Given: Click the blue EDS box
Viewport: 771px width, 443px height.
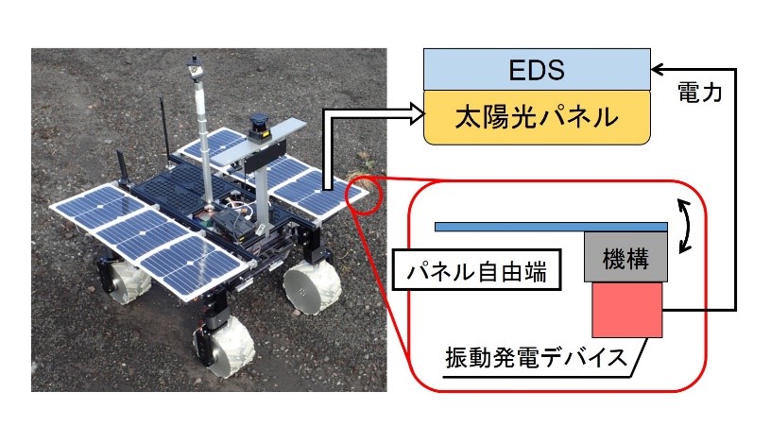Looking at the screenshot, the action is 537,69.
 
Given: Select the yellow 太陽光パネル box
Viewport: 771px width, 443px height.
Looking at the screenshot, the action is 537,117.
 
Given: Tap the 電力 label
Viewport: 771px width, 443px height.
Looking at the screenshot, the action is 700,92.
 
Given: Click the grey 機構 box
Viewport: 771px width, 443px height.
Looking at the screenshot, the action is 625,257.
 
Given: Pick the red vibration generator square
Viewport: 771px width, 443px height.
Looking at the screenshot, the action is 627,310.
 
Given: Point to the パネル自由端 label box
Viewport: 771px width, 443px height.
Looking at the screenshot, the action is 476,270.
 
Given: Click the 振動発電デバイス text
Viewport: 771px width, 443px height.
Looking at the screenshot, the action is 536,357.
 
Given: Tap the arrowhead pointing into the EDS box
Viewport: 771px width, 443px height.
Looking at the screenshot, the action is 657,69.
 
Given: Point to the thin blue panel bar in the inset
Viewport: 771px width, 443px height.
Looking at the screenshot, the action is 551,227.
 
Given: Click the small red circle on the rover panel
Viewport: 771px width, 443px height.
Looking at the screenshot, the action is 364,196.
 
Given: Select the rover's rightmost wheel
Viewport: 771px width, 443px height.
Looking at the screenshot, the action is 312,287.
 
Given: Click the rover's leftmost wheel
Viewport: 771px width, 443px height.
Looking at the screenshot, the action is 127,281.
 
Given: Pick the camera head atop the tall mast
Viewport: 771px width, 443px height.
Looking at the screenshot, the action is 195,67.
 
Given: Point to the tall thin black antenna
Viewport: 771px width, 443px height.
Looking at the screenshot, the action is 163,128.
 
